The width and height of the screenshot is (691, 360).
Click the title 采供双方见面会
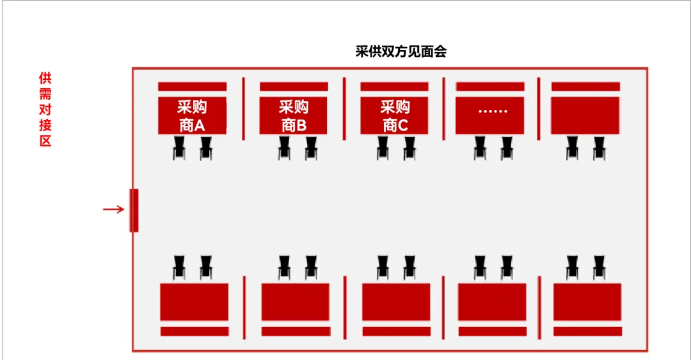tap(401, 52)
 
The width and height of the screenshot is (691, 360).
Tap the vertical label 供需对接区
tap(45, 109)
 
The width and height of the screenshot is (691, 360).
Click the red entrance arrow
tap(113, 209)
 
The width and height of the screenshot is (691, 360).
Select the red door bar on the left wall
tap(134, 210)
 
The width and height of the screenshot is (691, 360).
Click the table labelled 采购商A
tap(192, 116)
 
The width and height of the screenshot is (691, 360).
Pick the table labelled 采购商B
tap(294, 116)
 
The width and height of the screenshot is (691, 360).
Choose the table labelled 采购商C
tap(395, 116)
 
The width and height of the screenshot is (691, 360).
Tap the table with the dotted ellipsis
tap(490, 116)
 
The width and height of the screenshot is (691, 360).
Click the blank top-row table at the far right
tap(585, 116)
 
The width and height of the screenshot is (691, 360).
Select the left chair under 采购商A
tap(179, 150)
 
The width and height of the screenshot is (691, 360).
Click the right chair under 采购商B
tap(311, 150)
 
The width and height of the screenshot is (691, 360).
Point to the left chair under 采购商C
tap(383, 150)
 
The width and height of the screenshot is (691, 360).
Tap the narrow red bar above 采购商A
tap(192, 86)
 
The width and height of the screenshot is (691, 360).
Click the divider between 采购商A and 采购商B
tap(243, 108)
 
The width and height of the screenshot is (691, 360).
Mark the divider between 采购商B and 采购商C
tap(344, 108)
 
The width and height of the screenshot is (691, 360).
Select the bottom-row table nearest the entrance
tap(194, 302)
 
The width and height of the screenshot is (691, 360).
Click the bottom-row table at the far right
tap(587, 302)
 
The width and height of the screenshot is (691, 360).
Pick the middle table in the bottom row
tap(396, 302)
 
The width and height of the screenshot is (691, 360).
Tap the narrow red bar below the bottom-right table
tap(587, 331)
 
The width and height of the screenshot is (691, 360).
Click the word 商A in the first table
tap(192, 125)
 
